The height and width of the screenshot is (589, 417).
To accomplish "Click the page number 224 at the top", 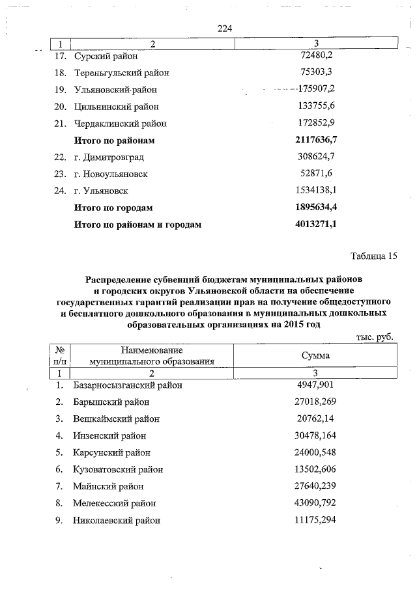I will click(225, 28).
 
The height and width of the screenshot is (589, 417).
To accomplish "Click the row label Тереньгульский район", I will click(121, 72).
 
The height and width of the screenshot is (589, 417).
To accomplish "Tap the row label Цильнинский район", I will click(116, 106).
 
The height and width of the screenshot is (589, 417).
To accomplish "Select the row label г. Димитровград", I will click(108, 158).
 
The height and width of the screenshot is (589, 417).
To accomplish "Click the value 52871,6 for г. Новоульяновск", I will click(315, 174).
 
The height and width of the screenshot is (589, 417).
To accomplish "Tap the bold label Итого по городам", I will click(113, 208).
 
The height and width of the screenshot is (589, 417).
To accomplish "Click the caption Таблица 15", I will click(373, 256).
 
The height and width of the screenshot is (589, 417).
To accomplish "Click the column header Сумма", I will click(315, 356).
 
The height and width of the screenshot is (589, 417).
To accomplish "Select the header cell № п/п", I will click(59, 355).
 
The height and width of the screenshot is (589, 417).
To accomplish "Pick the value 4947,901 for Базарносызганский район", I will click(315, 385).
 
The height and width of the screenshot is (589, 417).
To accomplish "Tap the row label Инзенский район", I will click(109, 436).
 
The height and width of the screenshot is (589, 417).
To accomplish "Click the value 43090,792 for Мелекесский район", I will click(315, 503).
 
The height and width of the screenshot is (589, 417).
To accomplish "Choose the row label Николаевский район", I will click(116, 521).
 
